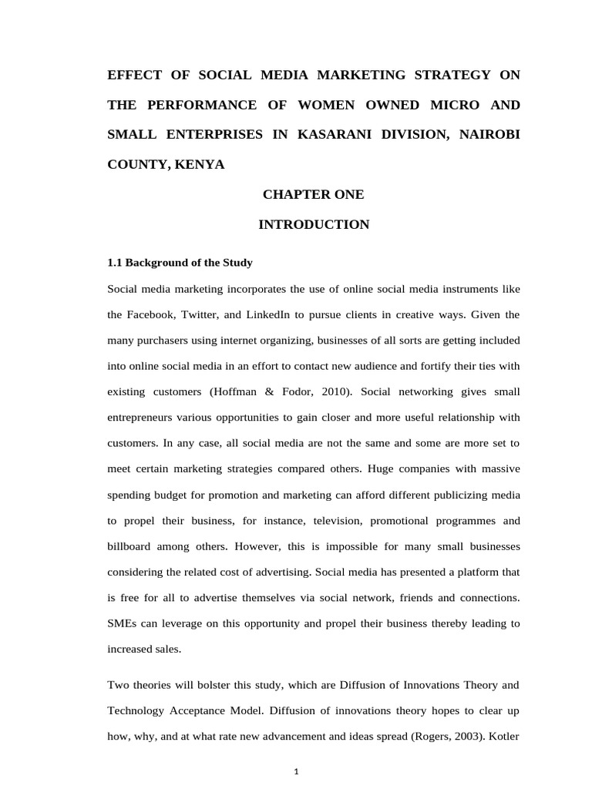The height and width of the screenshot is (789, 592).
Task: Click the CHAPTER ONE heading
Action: [x=313, y=195]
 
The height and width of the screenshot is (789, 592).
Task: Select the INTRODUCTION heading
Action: [x=313, y=225]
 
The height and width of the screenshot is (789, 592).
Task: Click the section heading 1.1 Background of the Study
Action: [x=180, y=263]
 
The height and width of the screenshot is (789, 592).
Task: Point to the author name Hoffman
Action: [x=235, y=391]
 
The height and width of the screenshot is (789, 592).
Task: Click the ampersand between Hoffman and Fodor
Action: [x=269, y=391]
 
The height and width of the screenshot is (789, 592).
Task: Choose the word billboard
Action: [x=132, y=546]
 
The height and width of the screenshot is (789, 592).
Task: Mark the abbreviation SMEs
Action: [x=122, y=623]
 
